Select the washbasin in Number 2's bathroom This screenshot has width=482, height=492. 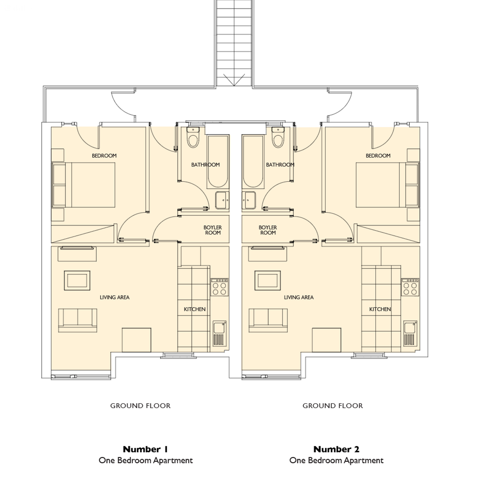249,200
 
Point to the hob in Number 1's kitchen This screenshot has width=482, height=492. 219,287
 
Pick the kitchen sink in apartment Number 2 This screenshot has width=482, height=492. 410,334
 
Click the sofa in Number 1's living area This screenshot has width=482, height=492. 78,321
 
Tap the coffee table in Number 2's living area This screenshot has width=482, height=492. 268,280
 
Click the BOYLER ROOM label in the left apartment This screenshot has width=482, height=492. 212,230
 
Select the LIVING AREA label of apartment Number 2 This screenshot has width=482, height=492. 299,298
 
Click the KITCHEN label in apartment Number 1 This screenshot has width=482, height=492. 195,309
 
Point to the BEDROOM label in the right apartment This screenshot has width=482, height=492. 378,156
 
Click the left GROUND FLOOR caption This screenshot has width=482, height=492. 140,406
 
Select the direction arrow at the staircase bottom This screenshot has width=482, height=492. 234,80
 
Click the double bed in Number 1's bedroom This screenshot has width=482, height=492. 84,185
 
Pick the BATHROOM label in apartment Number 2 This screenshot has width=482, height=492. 280,165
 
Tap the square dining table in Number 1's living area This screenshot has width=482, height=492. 136,340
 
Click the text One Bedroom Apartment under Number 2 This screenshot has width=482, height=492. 336,460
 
